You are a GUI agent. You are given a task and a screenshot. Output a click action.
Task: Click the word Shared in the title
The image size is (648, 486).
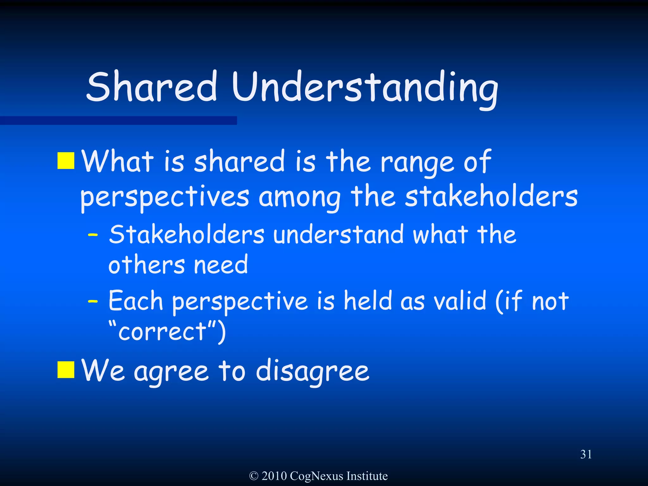pyautogui.click(x=152, y=87)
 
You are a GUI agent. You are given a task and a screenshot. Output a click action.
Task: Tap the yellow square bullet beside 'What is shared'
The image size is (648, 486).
pyautogui.click(x=66, y=161)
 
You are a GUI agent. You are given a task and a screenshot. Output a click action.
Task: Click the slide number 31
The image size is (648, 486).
pyautogui.click(x=586, y=454)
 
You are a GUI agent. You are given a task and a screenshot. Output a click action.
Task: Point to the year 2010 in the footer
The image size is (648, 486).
pyautogui.click(x=274, y=476)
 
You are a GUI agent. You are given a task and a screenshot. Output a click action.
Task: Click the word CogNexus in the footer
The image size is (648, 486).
pyautogui.click(x=316, y=476)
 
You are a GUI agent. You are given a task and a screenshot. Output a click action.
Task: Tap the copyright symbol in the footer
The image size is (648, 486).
pyautogui.click(x=253, y=476)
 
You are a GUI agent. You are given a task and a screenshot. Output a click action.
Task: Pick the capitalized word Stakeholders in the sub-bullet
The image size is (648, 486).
pyautogui.click(x=187, y=235)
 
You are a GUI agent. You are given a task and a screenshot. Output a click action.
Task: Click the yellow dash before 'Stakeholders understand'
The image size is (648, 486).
pyautogui.click(x=93, y=235)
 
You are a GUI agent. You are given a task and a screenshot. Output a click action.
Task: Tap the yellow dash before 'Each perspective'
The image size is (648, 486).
pyautogui.click(x=93, y=302)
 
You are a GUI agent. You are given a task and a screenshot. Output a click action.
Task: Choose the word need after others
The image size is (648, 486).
pyautogui.click(x=221, y=265)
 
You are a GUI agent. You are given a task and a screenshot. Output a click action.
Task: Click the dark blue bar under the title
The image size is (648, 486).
pyautogui.click(x=118, y=121)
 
